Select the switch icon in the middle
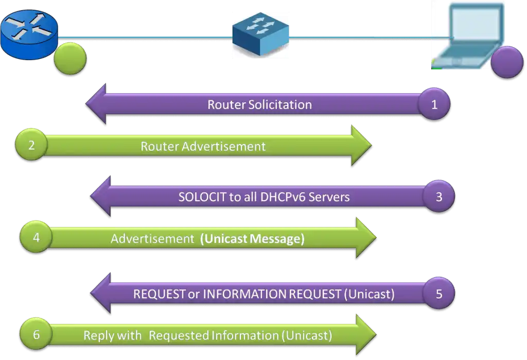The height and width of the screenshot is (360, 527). [260, 35]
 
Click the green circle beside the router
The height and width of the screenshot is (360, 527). [69, 58]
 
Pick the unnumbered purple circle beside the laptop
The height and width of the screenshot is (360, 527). [507, 62]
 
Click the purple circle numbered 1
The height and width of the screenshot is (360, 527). [434, 104]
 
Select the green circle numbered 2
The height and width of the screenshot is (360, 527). [31, 145]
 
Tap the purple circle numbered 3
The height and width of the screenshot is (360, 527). [438, 196]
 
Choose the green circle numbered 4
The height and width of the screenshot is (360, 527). [36, 238]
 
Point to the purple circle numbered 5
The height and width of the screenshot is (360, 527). [438, 294]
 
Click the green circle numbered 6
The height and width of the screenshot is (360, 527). [36, 335]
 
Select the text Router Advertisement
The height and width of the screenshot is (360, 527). [203, 146]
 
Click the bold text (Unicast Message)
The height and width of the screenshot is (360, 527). [252, 239]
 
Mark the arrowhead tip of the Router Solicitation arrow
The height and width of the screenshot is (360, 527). [86, 104]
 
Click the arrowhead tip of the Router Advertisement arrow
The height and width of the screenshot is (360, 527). [371, 146]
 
